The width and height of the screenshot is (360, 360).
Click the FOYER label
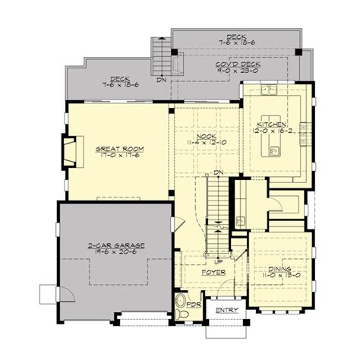(212, 270)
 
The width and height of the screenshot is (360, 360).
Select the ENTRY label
(226, 311)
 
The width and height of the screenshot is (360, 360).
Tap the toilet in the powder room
(180, 310)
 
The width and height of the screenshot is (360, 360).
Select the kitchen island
(272, 144)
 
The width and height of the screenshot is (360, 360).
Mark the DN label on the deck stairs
(161, 79)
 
